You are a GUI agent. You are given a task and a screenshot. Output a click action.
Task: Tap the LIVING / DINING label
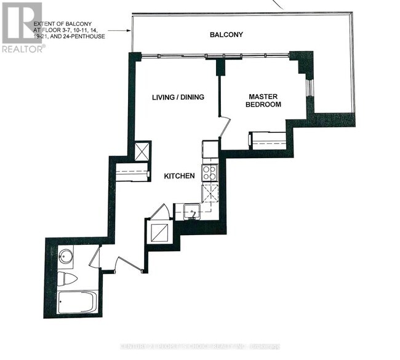pos(178,97)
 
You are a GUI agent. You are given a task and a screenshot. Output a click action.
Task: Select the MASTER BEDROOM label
pos(265,101)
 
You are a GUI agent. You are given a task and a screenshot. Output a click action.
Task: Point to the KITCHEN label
pos(179,176)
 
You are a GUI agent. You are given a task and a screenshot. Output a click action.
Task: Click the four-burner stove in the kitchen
pos(210,172)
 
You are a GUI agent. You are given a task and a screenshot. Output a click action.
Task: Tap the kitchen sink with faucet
pos(192,212)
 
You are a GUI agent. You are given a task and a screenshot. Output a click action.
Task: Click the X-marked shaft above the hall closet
pos(143,151)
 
